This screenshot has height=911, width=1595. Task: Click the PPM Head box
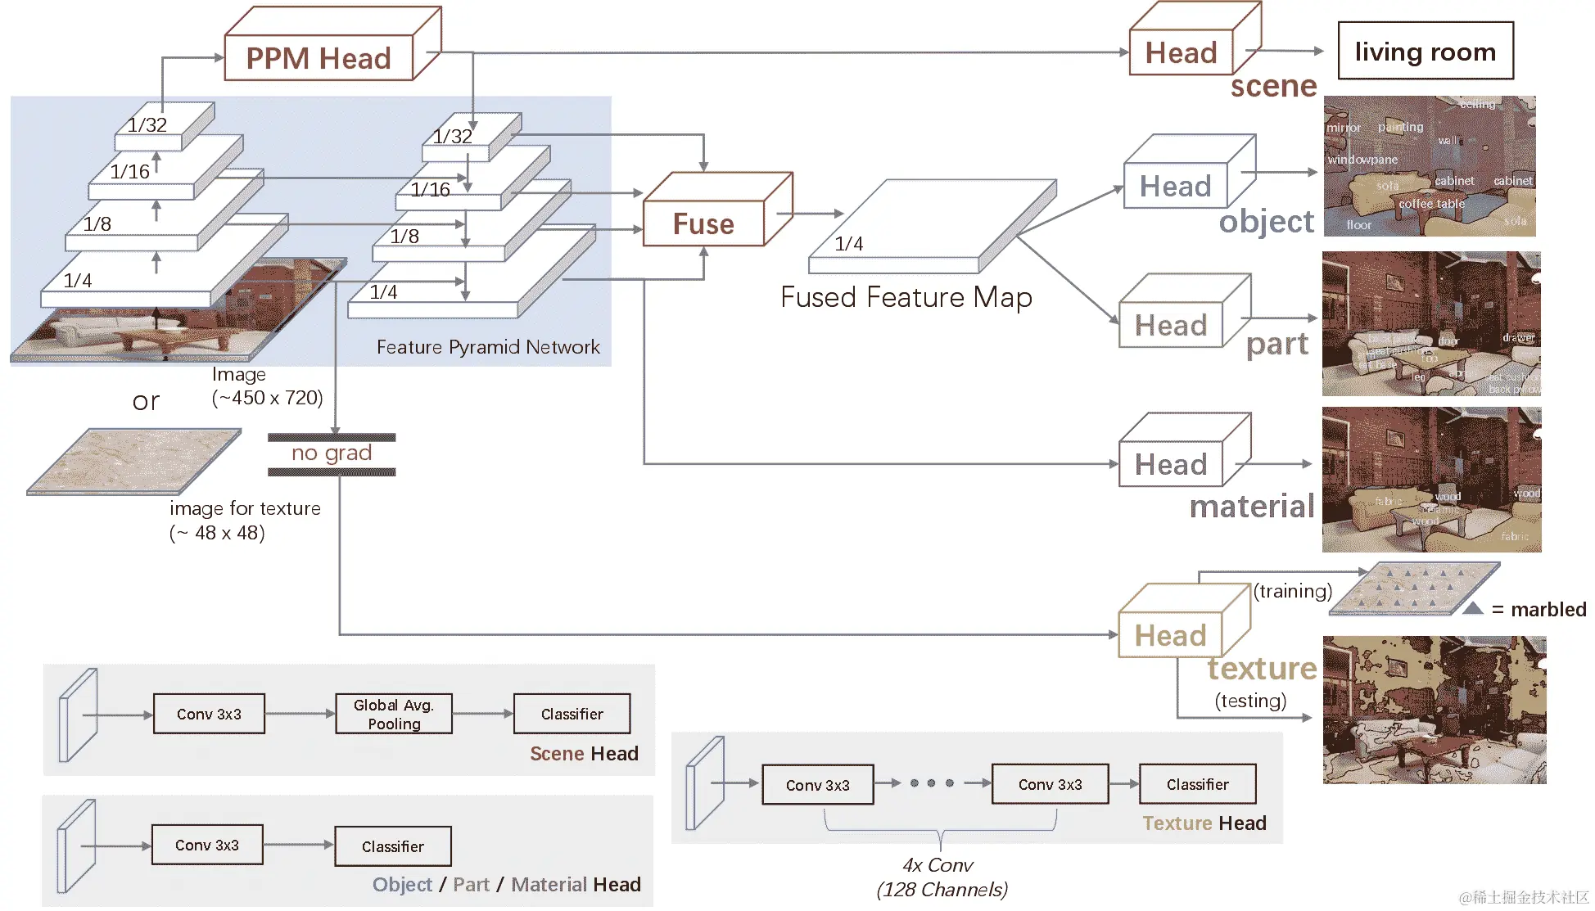[319, 58]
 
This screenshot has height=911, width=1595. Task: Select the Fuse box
[703, 223]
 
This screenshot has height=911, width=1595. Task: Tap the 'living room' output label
[1425, 52]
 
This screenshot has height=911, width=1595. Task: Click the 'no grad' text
[332, 453]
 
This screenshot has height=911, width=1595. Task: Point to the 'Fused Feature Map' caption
[906, 297]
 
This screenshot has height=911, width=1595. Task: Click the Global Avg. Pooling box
[393, 715]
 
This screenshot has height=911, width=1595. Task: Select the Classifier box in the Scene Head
[572, 715]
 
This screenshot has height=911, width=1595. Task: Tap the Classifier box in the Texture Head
[1197, 785]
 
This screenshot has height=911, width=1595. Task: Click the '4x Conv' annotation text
[938, 865]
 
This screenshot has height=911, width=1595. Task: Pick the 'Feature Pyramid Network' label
[488, 347]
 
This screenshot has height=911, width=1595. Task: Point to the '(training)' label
[1292, 591]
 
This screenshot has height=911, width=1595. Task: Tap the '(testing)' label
[1250, 701]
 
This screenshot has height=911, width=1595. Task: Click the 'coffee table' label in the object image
[1431, 204]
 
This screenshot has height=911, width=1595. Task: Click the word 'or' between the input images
[146, 401]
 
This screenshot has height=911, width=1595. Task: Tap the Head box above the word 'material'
[1171, 465]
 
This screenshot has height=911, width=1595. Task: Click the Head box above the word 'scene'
[1181, 53]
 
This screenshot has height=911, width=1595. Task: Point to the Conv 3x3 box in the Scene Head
[209, 715]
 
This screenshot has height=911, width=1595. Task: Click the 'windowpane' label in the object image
[1362, 160]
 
